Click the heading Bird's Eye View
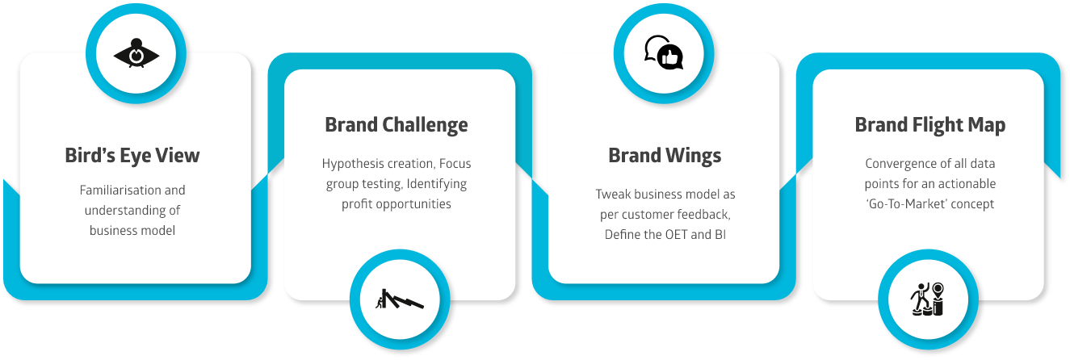coord(132,156)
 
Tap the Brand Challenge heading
coord(396,125)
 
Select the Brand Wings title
coord(665,155)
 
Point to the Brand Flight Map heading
coord(929,125)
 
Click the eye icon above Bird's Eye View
coord(136,54)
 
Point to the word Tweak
coord(612,195)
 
